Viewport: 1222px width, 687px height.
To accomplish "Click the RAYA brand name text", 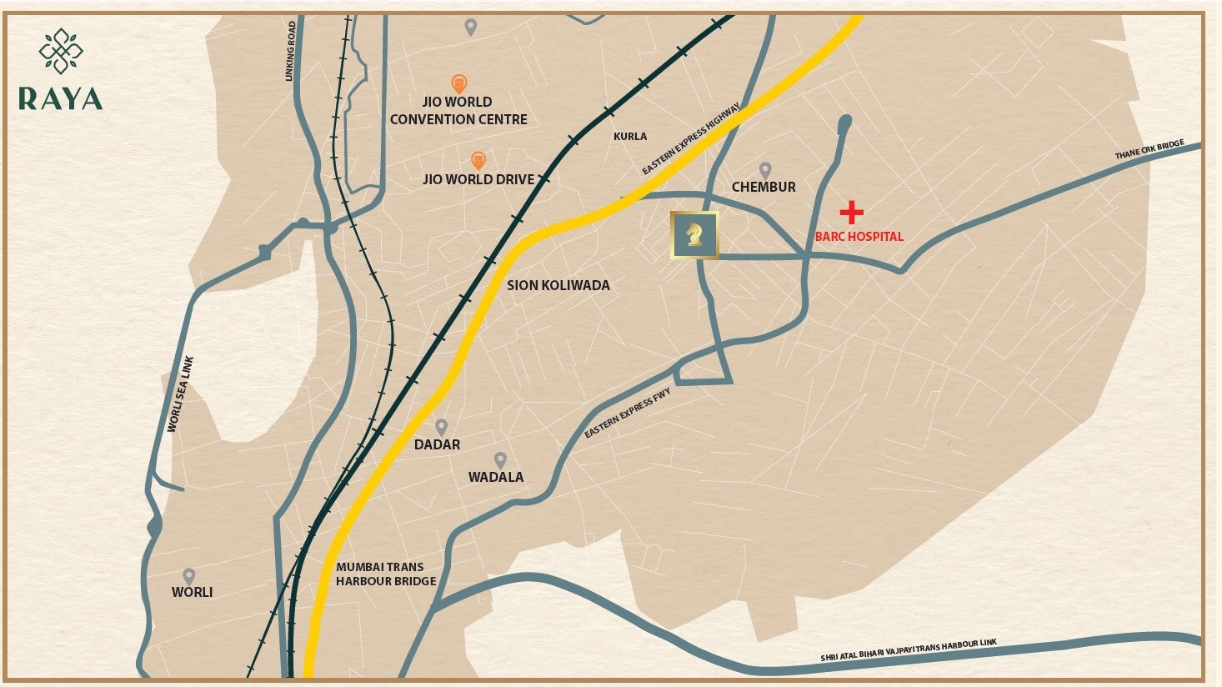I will pos(60,98).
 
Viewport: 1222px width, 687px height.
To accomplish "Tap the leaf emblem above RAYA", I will pos(61,51).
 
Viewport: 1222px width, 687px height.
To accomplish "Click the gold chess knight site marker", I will pos(694,235).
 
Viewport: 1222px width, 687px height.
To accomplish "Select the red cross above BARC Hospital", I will pos(851,213).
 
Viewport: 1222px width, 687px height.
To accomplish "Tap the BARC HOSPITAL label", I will pos(859,237).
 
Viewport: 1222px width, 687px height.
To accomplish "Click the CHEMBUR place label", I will pos(764,188).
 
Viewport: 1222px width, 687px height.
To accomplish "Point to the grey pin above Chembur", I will pos(764,170).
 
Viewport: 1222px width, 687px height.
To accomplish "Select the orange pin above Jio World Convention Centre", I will pos(458,83).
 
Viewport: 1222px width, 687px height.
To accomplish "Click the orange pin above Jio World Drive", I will pos(478,159).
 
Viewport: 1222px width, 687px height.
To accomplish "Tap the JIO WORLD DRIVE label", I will pos(478,179).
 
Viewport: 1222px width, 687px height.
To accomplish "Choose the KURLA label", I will pos(630,137).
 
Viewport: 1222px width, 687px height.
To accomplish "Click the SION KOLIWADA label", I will pos(558,285).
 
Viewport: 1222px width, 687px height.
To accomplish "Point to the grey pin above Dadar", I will pos(442,427).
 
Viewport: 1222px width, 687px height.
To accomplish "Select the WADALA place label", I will pos(496,477).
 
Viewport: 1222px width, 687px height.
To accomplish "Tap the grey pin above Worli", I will pos(189,576).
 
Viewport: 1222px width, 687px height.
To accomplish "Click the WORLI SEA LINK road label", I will pos(180,394).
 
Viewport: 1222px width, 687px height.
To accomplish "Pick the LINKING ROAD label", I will pos(291,52).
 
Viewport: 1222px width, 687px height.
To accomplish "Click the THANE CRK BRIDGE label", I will pos(1149,151).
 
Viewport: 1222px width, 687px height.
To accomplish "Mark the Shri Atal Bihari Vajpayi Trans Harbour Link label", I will pos(908,650).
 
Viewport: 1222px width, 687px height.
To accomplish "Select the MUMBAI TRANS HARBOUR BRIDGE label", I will pos(386,574).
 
